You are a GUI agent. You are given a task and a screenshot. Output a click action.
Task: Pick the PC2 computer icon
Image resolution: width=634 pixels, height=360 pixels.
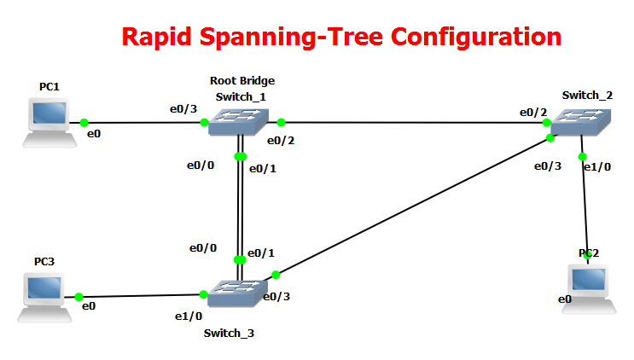tap(588, 284)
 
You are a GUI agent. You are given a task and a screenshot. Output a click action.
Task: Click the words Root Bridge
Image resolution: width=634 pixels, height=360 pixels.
tap(242, 81)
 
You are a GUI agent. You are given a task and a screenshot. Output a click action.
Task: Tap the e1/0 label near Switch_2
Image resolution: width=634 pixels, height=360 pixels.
tap(596, 167)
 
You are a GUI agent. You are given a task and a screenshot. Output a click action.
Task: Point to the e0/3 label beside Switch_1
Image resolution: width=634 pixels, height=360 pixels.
tap(183, 108)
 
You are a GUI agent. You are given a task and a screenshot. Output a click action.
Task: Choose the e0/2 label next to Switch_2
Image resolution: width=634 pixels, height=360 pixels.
tap(534, 112)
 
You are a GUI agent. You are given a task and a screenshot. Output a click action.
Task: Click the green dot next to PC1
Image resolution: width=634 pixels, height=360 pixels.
tap(84, 123)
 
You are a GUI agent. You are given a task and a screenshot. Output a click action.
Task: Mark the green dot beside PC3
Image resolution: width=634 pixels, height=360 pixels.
tap(79, 297)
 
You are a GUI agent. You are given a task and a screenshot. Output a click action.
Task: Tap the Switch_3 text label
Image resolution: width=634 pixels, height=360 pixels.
tap(228, 333)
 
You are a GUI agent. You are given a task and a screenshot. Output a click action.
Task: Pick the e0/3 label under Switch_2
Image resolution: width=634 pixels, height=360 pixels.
tap(547, 166)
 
